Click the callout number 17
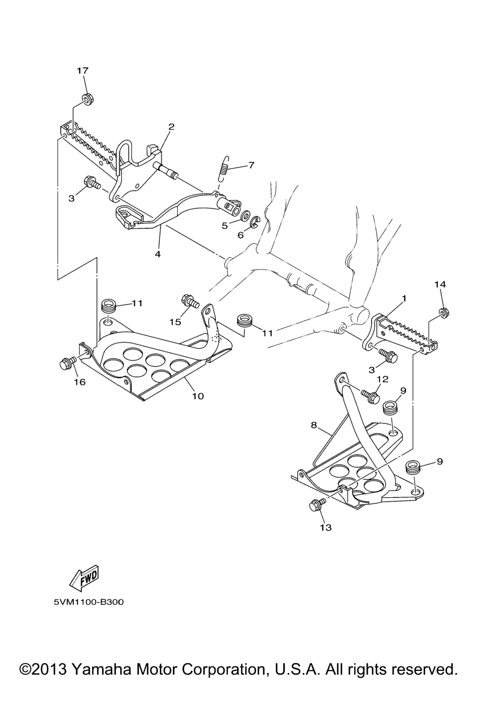tap(82, 71)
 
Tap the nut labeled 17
tap(87, 98)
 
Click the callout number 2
tap(171, 127)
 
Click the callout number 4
tap(157, 254)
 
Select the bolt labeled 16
tap(68, 362)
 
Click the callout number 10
tap(198, 396)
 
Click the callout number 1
tap(404, 298)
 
